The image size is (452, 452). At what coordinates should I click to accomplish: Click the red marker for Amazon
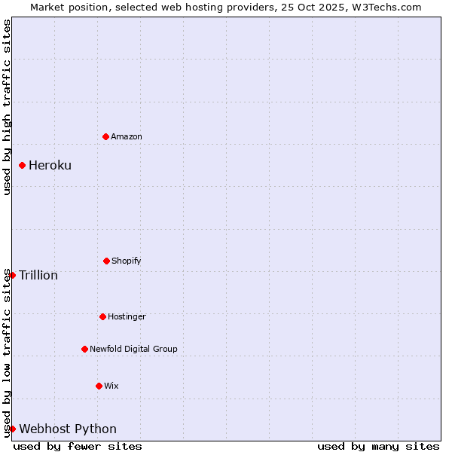click(105, 136)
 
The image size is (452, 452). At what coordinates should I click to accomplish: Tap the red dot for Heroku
click(22, 165)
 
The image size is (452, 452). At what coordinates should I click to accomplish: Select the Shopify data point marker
click(106, 261)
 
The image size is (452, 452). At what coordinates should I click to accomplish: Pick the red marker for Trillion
click(12, 275)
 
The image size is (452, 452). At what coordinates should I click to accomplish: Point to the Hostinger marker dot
click(102, 316)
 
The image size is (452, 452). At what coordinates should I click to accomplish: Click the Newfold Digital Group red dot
click(84, 349)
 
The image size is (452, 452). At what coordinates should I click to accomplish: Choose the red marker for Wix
click(99, 386)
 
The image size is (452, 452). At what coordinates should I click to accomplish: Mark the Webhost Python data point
click(12, 429)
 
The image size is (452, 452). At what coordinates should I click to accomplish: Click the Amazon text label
click(127, 136)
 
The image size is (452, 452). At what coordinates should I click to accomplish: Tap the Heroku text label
click(50, 166)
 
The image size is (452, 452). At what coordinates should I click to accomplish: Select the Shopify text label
click(127, 261)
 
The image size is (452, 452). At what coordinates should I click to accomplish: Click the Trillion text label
click(38, 275)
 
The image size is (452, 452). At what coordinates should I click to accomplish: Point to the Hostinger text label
click(127, 316)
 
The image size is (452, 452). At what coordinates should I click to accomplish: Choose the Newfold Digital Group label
click(133, 349)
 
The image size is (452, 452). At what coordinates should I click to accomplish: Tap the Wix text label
click(111, 386)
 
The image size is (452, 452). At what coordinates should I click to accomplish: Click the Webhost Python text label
click(68, 429)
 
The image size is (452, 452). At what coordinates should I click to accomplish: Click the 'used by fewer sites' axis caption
click(78, 446)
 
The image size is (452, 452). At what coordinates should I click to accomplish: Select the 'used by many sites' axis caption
click(378, 446)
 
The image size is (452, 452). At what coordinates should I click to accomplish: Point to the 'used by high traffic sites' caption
click(7, 108)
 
